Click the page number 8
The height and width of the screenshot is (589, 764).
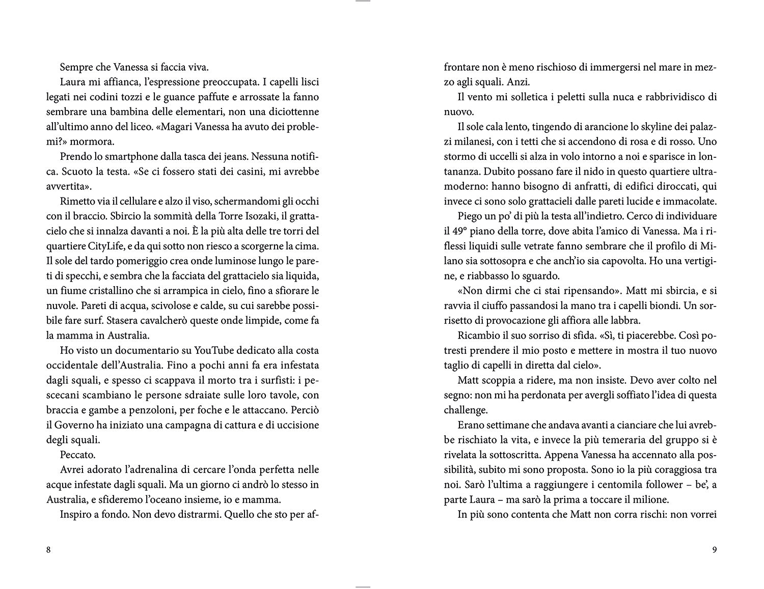[x=48, y=549]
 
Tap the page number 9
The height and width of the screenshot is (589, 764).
[x=715, y=549]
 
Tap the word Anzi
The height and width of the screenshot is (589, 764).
[x=520, y=81]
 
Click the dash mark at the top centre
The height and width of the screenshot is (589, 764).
[x=363, y=2]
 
